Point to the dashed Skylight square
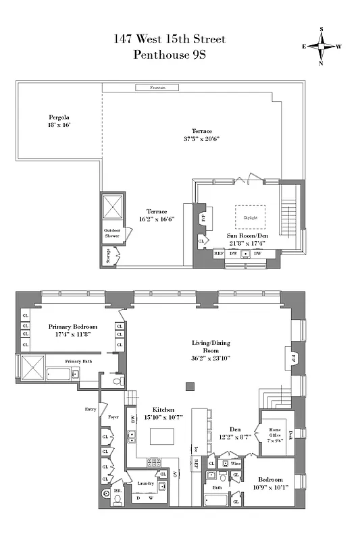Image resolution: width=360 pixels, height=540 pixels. tap(250, 218)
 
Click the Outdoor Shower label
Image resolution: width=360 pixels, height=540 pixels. tap(111, 234)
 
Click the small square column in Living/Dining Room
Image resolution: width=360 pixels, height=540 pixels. tap(190, 387)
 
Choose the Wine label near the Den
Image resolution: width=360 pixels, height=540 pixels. tap(236, 464)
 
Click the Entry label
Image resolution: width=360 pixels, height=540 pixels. tap(91, 409)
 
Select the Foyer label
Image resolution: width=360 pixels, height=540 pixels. tap(113, 418)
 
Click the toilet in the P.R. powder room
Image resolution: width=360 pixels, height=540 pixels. tap(118, 500)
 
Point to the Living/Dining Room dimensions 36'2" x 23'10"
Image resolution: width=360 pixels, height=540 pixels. tap(211, 358)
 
